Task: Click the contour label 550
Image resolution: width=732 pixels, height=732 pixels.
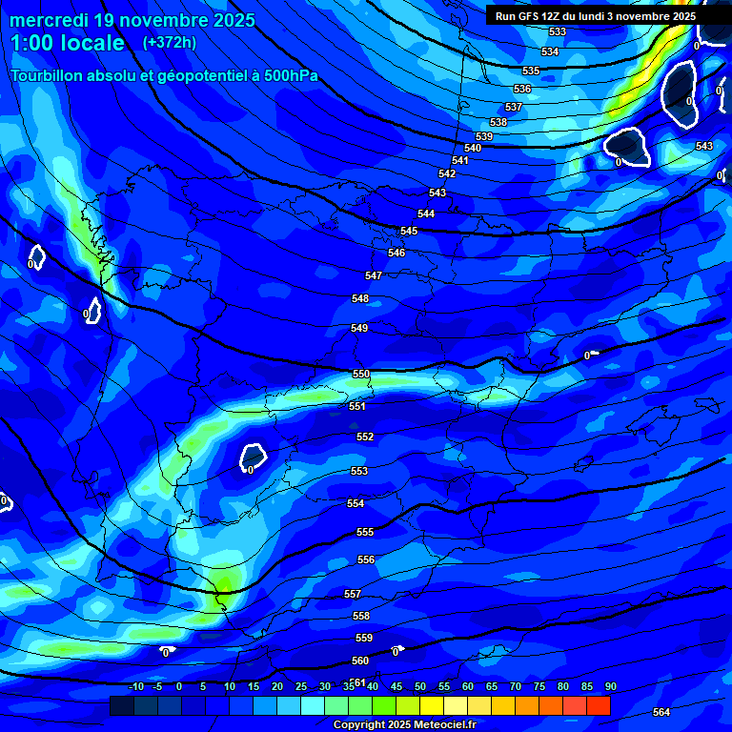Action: point(361,375)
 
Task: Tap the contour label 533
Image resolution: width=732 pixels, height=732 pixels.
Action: point(558,32)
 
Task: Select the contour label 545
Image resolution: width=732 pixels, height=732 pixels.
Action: point(409,232)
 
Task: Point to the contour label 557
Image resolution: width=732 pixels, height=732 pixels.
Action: point(353,594)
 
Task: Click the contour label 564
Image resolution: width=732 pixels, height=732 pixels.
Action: point(661,712)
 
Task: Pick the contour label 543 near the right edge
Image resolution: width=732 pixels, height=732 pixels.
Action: point(703,146)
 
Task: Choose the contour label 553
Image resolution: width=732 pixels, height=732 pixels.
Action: point(359,471)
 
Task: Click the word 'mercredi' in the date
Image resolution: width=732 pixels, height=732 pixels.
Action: point(51,20)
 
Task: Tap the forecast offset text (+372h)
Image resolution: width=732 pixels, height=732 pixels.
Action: point(170,43)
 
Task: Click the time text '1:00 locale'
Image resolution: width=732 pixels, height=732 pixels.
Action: point(68,43)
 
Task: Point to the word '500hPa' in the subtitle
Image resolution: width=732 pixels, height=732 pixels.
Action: point(285,76)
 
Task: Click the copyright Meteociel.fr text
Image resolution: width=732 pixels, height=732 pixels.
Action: point(404,725)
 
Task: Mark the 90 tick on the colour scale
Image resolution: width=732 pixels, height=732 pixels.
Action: point(610,686)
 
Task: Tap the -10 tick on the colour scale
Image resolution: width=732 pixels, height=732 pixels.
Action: point(135,686)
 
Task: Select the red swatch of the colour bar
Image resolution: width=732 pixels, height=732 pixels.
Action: point(598,705)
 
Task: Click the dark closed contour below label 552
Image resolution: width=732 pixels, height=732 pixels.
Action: point(253,457)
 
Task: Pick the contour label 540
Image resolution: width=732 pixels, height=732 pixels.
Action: point(473,148)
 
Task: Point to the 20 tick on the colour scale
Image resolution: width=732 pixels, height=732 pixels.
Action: point(277,686)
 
